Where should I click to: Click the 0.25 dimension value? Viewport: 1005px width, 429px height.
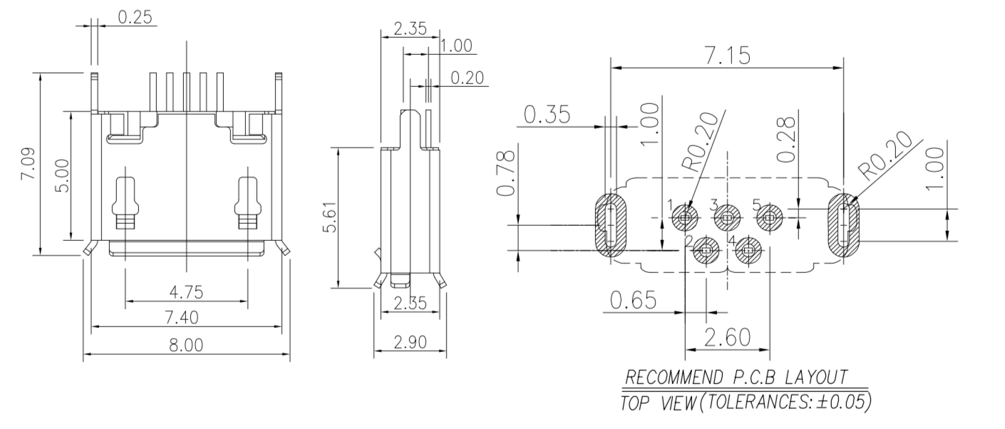coord(135,17)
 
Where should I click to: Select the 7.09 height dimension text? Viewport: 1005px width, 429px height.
coord(29,164)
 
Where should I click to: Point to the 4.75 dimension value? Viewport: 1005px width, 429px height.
coord(186,292)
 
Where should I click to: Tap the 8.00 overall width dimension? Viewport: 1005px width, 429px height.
coord(186,345)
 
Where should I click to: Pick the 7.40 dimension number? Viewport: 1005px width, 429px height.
coord(182,318)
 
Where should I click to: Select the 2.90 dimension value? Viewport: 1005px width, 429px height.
coord(410,342)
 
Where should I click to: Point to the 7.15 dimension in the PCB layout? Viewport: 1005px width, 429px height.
coord(727,56)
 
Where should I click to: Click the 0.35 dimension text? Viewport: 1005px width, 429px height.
coord(547,115)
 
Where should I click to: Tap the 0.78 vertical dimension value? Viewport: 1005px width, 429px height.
coord(505,173)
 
